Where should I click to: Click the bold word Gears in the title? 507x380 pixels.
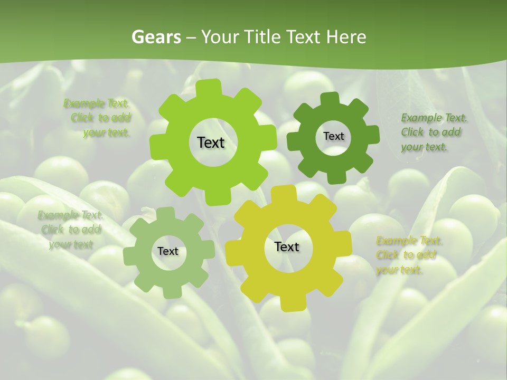[156, 37]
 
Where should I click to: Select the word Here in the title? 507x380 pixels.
[346, 37]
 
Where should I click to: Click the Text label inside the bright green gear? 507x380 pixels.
[211, 142]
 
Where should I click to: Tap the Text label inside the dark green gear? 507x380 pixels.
[333, 136]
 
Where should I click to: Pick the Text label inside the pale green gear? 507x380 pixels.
[168, 252]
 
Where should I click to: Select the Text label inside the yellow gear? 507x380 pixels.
[287, 246]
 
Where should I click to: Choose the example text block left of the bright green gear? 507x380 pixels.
[100, 118]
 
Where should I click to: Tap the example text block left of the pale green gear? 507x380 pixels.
[71, 230]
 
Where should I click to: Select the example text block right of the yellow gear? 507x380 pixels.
[408, 255]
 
